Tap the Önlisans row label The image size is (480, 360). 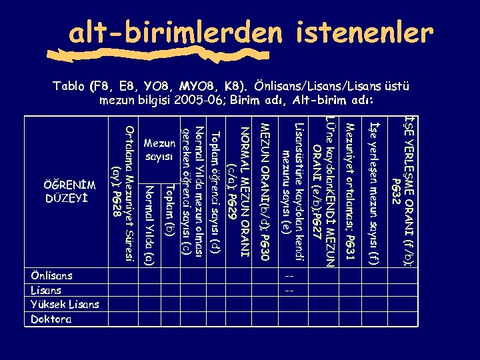coord(52,275)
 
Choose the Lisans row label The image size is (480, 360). coord(46,290)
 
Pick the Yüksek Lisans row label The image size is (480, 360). coord(65,305)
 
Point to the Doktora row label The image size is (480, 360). coord(51,319)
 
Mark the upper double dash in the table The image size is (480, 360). coord(289,276)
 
